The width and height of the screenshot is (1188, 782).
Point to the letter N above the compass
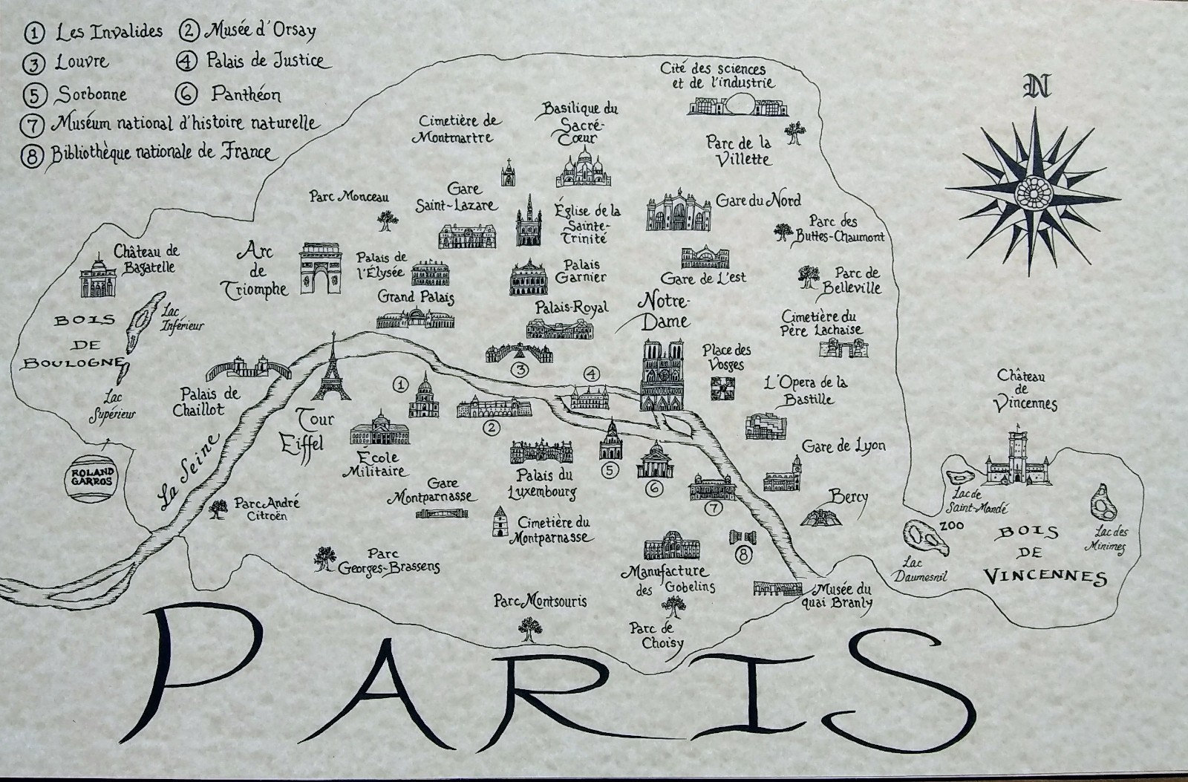[1036, 87]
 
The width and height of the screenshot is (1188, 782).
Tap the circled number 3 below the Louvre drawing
[521, 369]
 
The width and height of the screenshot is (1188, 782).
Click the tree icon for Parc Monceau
[385, 219]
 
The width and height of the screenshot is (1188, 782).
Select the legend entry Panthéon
[245, 94]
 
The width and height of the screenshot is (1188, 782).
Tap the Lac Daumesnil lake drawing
[927, 538]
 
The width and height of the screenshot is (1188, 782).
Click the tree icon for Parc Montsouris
[528, 629]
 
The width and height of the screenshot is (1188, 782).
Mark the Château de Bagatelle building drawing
[97, 276]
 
